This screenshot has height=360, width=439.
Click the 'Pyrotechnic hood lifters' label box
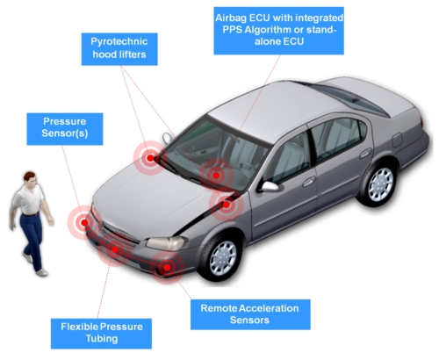click(x=119, y=49)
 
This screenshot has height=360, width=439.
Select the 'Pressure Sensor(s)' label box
click(x=65, y=129)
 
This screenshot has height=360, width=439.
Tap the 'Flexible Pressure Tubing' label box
click(x=101, y=334)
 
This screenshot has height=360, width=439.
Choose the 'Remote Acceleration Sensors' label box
click(x=250, y=314)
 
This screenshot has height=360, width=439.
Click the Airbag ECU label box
click(x=278, y=31)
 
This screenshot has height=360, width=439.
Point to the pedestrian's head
click(x=30, y=179)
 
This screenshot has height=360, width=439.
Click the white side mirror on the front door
click(x=270, y=186)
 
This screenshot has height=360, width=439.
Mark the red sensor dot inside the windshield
click(x=216, y=176)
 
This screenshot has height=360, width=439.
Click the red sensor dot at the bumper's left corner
click(x=84, y=223)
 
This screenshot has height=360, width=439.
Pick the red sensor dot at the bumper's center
click(x=115, y=249)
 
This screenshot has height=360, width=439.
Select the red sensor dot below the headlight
click(x=167, y=267)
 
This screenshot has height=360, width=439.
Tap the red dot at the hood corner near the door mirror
click(x=226, y=205)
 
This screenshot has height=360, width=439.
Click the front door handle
click(x=309, y=182)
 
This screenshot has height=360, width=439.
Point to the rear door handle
click(x=365, y=153)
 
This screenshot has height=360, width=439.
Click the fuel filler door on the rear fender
click(x=397, y=140)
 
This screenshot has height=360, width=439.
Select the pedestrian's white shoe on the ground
click(x=42, y=273)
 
